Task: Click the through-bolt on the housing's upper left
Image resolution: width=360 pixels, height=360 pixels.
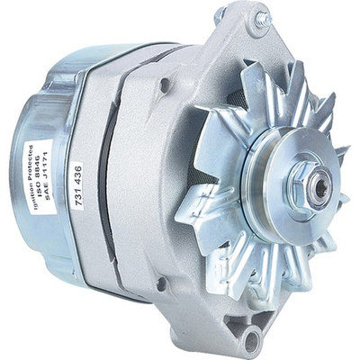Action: [165, 85]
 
